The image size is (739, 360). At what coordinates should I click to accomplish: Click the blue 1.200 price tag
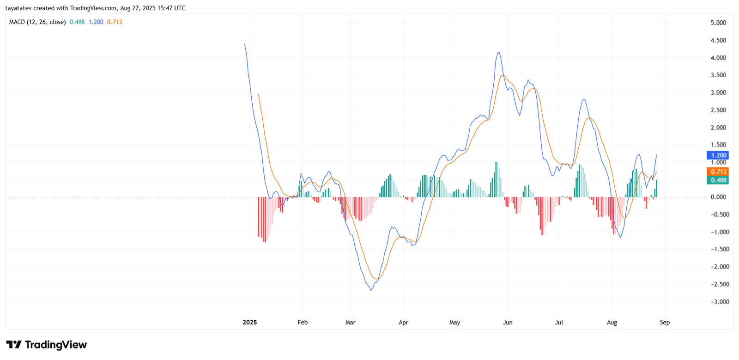[x=718, y=156]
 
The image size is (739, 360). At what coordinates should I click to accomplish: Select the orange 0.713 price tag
[x=718, y=172]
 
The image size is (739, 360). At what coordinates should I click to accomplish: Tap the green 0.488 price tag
[x=718, y=181]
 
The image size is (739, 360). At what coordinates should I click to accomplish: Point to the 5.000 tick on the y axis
[x=718, y=23]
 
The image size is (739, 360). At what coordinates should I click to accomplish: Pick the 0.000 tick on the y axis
[x=718, y=197]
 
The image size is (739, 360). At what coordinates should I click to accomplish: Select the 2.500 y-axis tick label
[x=718, y=110]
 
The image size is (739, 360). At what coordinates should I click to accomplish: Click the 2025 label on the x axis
[x=250, y=322]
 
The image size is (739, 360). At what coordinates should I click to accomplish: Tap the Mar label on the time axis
[x=351, y=322]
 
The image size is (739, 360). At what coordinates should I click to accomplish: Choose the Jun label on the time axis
[x=508, y=322]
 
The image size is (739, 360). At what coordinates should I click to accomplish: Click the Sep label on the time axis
[x=665, y=322]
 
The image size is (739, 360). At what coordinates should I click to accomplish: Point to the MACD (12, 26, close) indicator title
[x=37, y=22]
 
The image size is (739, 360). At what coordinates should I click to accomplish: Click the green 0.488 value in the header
[x=77, y=22]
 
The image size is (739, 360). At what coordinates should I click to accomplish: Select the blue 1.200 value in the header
[x=96, y=22]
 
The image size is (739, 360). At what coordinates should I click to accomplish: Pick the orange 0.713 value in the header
[x=115, y=22]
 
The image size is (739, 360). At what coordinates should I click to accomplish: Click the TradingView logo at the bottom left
[x=46, y=345]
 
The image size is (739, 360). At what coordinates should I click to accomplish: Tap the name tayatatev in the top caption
[x=18, y=8]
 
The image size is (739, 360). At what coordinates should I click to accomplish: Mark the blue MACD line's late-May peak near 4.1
[x=498, y=53]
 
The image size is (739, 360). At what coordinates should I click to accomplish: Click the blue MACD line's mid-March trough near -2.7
[x=371, y=290]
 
